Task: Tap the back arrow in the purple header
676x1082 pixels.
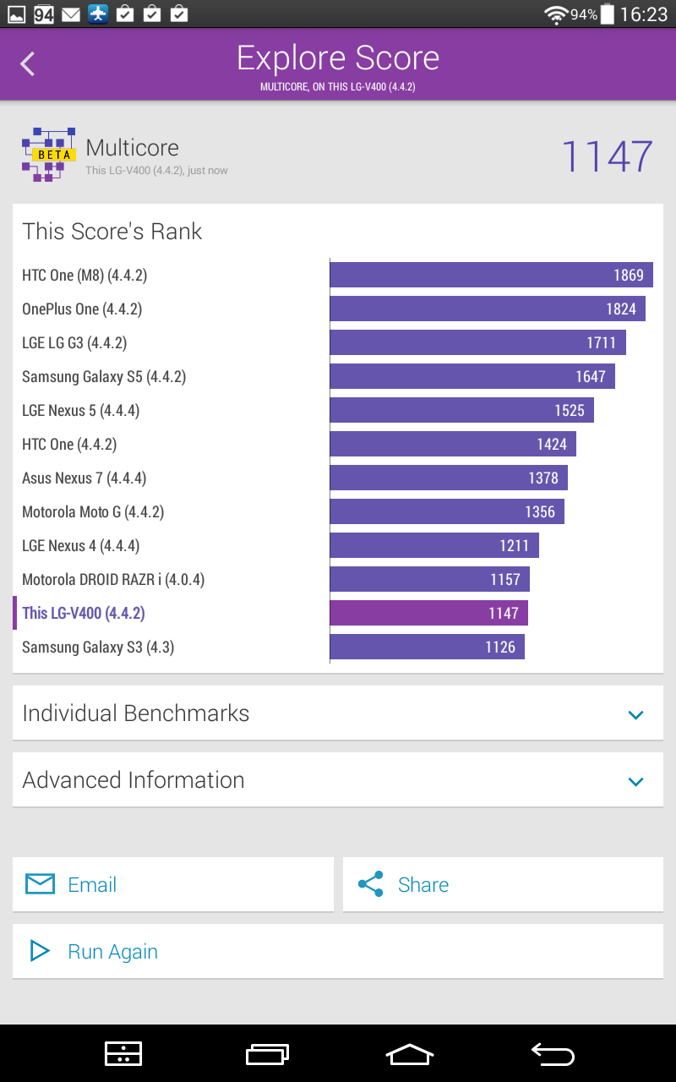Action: pyautogui.click(x=28, y=63)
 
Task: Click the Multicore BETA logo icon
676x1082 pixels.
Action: pyautogui.click(x=49, y=155)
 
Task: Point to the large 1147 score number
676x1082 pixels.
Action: pyautogui.click(x=607, y=156)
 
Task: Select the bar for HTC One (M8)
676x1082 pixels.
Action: pyautogui.click(x=491, y=275)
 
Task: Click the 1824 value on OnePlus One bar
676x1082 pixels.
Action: pyautogui.click(x=621, y=309)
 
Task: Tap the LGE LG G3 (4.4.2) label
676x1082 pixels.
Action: pyautogui.click(x=74, y=343)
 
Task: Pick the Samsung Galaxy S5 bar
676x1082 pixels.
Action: pyautogui.click(x=472, y=376)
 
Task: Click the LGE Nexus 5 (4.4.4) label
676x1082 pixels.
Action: pyautogui.click(x=80, y=411)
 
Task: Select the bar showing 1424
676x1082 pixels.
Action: pyautogui.click(x=453, y=444)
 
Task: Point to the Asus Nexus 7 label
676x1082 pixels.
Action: pyautogui.click(x=84, y=478)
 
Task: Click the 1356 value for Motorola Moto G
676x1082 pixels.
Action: pyautogui.click(x=540, y=512)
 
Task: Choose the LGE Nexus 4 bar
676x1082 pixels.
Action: pyautogui.click(x=434, y=545)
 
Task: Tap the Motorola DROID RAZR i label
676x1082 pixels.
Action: pyautogui.click(x=113, y=580)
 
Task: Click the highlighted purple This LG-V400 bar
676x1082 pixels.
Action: pyautogui.click(x=428, y=613)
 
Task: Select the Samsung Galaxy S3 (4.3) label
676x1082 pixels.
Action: pyautogui.click(x=98, y=648)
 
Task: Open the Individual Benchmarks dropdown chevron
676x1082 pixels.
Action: pyautogui.click(x=635, y=714)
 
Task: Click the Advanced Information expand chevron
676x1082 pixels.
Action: pyautogui.click(x=635, y=781)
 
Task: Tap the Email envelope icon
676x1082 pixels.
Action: pyautogui.click(x=40, y=884)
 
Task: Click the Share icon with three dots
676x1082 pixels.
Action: pyautogui.click(x=371, y=884)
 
